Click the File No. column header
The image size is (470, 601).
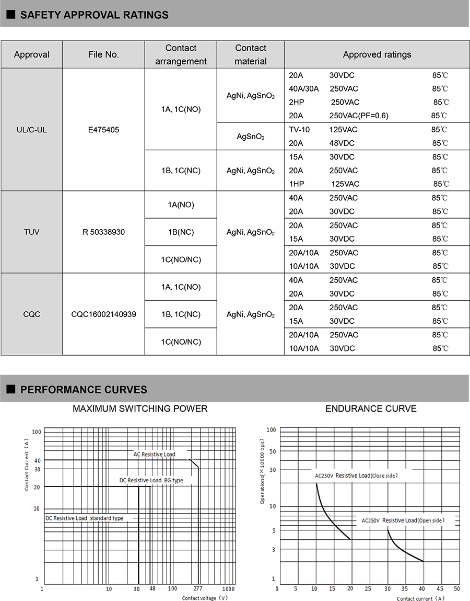pos(103,54)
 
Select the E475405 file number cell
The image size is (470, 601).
pos(103,129)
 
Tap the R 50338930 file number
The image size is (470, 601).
pos(103,232)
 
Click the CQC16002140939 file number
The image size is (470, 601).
pos(103,314)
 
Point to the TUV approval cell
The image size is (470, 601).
pos(31,232)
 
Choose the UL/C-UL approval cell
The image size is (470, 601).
pos(31,129)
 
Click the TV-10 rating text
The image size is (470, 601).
pos(299,129)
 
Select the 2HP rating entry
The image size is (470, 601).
pos(296,102)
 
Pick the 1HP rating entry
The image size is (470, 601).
pos(296,184)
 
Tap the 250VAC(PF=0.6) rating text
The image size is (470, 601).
pos(359,116)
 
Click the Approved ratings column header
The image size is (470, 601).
pos(377,54)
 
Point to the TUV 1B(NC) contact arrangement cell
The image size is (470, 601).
pos(181,232)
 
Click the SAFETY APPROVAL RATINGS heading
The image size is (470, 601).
pos(94,15)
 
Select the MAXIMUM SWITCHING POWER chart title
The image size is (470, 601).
pos(140,409)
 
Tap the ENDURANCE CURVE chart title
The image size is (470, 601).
pos(371,409)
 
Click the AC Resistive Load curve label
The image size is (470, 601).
pos(154,455)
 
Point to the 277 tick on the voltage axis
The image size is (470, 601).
pos(197,589)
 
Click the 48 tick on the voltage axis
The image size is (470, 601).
pos(152,589)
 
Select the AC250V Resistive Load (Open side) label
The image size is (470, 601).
pos(403,520)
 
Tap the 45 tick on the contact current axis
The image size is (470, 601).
pos(440,589)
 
